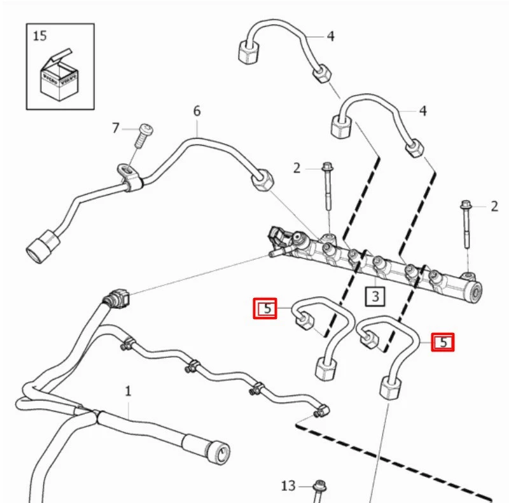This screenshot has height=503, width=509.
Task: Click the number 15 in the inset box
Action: coord(39,36)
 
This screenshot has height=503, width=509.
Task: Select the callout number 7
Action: coord(116,129)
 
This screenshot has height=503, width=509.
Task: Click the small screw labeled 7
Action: coord(143,133)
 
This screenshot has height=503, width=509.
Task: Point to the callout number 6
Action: coord(197,111)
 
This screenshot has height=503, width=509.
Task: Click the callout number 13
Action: coord(288,486)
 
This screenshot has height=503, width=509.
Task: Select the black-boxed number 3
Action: coord(375,296)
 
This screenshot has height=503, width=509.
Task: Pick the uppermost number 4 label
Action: coord(330,36)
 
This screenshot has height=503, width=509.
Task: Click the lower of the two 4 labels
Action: coord(422,111)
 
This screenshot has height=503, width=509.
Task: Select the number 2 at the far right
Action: coord(494,206)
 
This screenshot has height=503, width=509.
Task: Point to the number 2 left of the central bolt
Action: coord(297,168)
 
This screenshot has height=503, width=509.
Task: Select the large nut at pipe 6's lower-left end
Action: coord(39,247)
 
